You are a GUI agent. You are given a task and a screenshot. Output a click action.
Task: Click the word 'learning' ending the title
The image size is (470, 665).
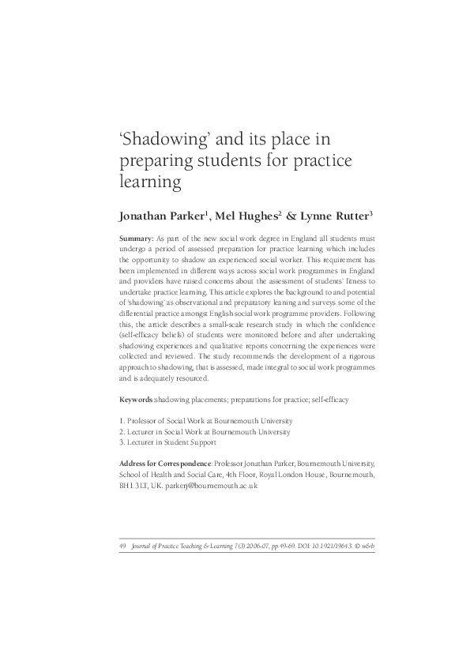[x=151, y=182]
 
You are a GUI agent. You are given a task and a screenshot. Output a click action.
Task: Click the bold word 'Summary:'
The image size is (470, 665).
[x=136, y=238]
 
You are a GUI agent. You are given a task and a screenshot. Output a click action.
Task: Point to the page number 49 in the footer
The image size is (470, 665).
[x=122, y=545]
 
